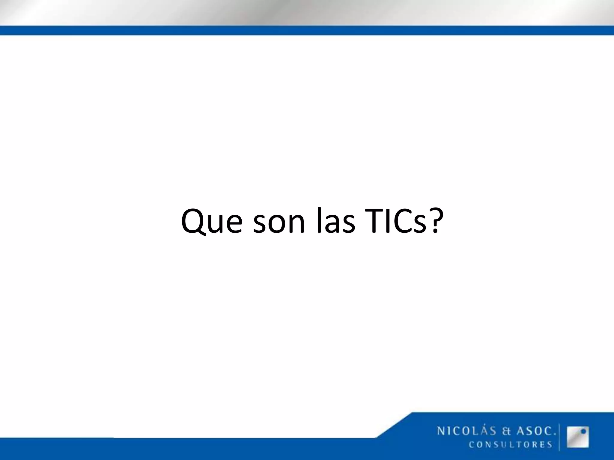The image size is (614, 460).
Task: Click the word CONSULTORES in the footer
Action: (x=511, y=444)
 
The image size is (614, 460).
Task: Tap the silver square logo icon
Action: (x=578, y=437)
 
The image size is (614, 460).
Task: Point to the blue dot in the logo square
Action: (x=583, y=432)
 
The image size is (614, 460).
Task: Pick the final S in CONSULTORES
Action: (x=550, y=444)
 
